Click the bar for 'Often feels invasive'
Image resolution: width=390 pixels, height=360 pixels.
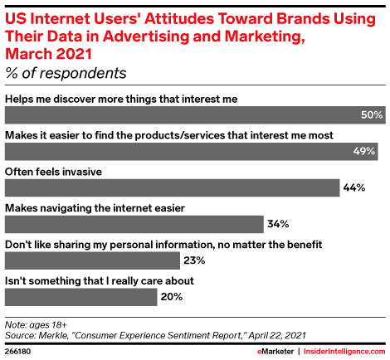coord(172,187)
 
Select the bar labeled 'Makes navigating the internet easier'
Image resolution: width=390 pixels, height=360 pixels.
coord(134,224)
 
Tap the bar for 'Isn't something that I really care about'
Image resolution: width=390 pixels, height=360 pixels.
coord(80,297)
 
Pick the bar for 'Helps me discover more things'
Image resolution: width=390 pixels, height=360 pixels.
coord(195,115)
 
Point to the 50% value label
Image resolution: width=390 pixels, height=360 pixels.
coord(372,115)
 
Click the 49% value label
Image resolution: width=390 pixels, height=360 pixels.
coord(364,152)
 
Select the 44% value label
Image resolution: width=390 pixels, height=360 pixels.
coord(354,188)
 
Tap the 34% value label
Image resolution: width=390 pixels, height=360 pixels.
coord(278,224)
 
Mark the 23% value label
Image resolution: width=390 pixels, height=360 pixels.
coord(194,260)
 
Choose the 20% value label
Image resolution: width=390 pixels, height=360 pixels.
coord(172,297)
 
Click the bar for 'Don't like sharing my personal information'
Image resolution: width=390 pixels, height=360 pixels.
coord(92,260)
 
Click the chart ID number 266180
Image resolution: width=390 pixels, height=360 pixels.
coord(18,352)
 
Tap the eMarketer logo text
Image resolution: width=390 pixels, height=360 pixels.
coord(275,352)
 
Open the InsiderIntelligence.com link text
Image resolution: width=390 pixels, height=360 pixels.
coord(344,352)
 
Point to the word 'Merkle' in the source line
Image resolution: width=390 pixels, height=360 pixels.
coord(53,336)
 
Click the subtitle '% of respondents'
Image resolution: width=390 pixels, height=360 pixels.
coord(66,73)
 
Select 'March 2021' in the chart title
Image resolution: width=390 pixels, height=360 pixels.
coord(48,54)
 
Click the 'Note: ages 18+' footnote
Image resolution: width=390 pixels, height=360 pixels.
coord(36,325)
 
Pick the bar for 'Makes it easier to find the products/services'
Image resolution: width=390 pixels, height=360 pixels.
coord(192,152)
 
